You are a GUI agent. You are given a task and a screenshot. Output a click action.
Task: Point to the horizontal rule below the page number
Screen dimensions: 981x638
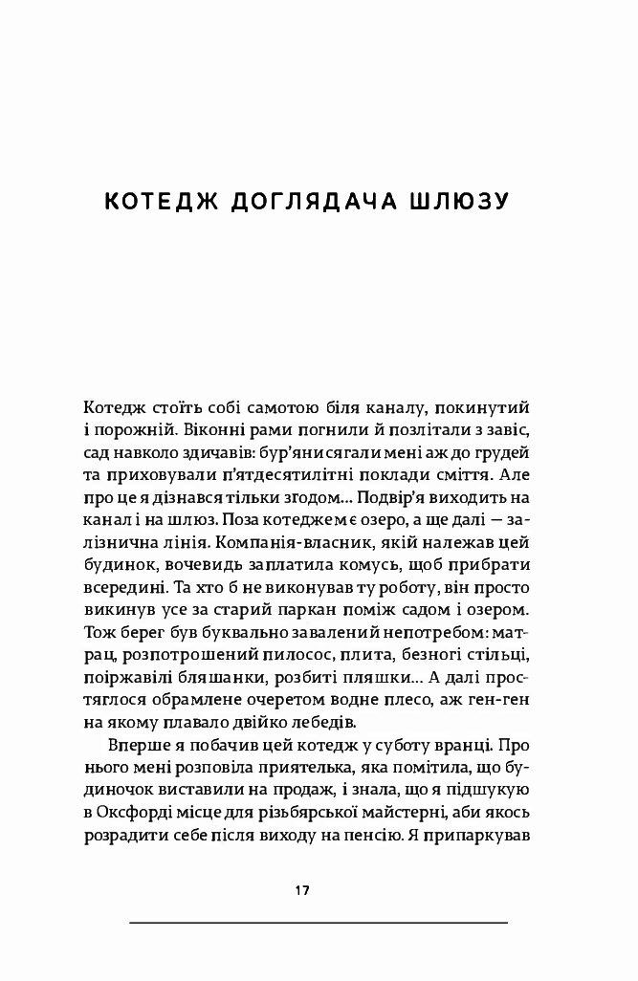point(318,923)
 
